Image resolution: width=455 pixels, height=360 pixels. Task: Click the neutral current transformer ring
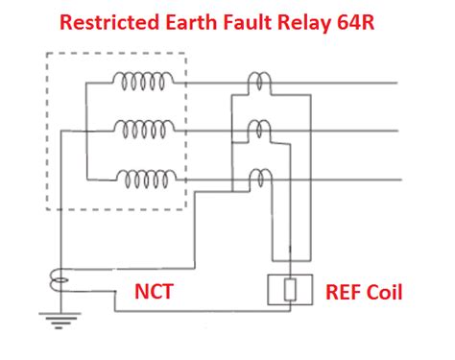pyautogui.click(x=60, y=282)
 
